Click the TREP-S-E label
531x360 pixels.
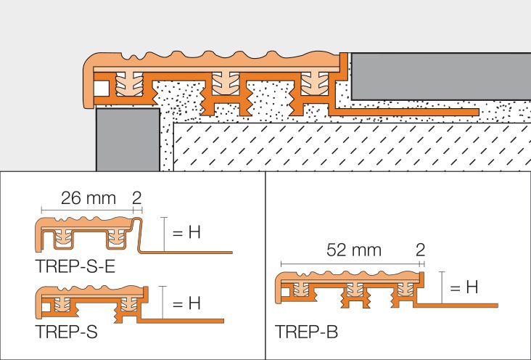point(75,266)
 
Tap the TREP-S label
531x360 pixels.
point(67,332)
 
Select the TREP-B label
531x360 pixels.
point(306,332)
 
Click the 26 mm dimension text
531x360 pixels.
point(88,198)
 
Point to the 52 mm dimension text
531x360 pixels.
point(354,250)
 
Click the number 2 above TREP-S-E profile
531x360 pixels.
point(137,198)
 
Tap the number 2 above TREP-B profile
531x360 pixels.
point(420,250)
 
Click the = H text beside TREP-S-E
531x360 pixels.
point(186,232)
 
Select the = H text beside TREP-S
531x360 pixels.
point(186,303)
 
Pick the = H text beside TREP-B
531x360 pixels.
point(464,287)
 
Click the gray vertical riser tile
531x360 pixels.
point(128,139)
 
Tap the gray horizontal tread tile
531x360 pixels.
point(441,76)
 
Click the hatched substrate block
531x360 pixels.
point(353,147)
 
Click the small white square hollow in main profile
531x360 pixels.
point(102,89)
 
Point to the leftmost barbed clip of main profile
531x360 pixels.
point(129,83)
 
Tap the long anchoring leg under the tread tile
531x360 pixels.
point(405,112)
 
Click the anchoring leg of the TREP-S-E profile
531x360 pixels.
point(186,252)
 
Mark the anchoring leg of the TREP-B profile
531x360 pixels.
point(456,305)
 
